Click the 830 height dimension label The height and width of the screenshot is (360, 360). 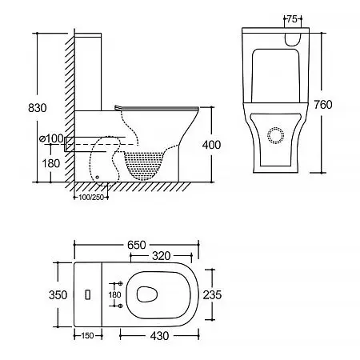tap(38, 108)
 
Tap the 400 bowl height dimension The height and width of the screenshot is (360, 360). tap(211, 145)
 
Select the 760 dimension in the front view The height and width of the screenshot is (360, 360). tap(323, 105)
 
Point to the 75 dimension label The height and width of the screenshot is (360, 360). tap(292, 19)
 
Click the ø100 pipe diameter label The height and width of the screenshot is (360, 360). tap(51, 138)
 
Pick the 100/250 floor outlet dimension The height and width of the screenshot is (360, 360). tap(91, 198)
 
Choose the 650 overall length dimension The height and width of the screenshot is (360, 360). tap(137, 245)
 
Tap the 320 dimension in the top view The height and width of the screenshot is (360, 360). tap(162, 256)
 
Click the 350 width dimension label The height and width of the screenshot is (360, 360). tap(58, 295)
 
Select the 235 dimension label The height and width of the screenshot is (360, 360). tap(212, 295)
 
